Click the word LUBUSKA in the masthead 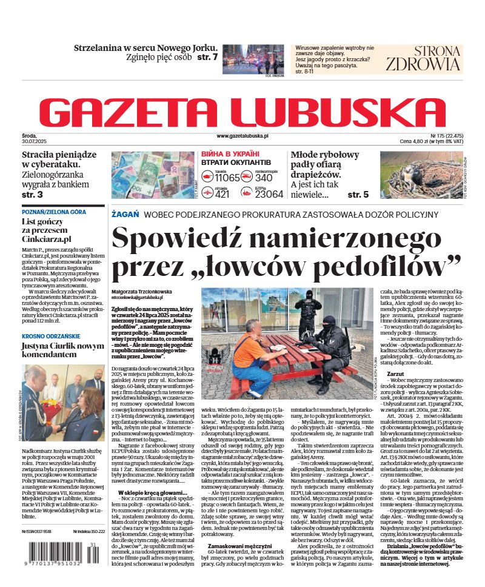[339, 113]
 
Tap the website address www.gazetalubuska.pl [242, 137]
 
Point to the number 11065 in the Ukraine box [227, 178]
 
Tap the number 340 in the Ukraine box [263, 178]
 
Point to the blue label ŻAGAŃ [125, 215]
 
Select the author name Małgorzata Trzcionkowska [141, 292]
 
